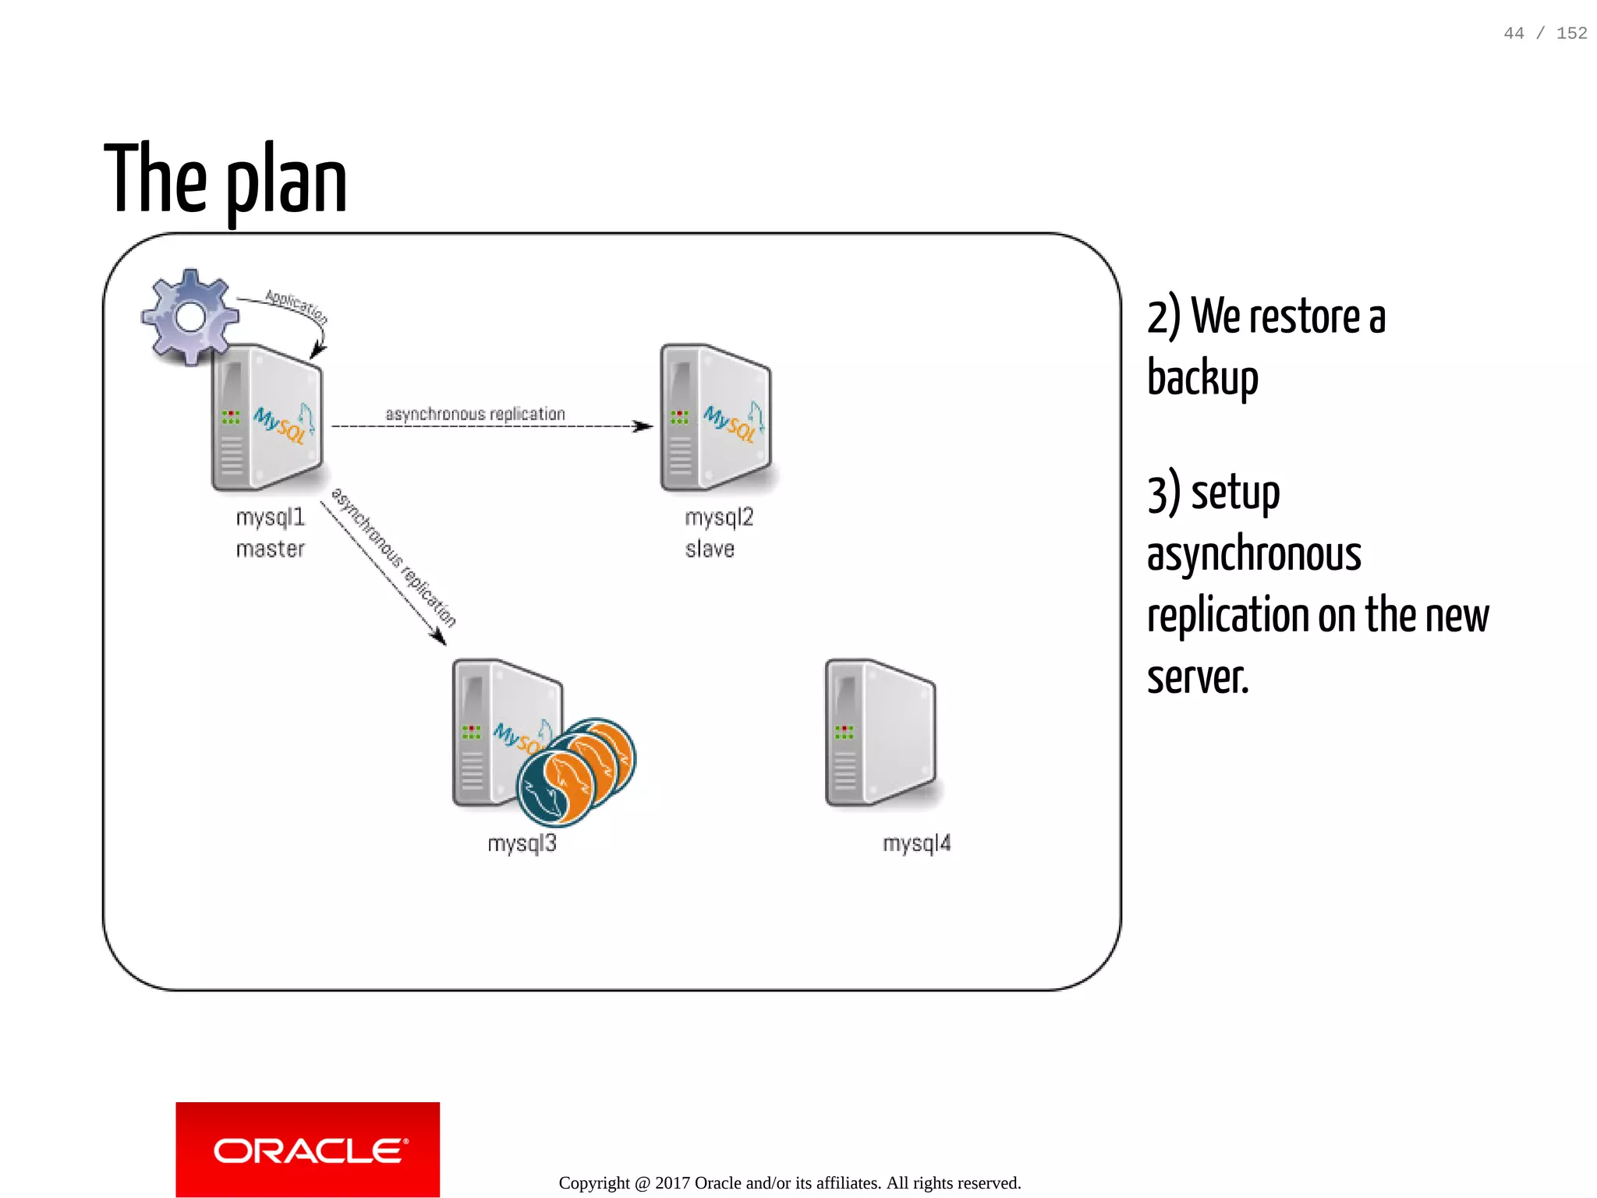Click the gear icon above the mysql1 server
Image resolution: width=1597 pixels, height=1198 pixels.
(190, 316)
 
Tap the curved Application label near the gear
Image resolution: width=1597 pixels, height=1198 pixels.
(296, 306)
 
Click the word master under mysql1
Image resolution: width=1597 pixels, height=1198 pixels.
(270, 550)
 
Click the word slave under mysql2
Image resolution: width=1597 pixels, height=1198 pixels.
(710, 550)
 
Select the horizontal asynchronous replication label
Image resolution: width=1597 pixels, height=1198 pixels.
(475, 414)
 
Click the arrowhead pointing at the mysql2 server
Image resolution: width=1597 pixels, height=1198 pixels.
(644, 426)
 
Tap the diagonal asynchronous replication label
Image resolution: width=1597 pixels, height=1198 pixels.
(394, 557)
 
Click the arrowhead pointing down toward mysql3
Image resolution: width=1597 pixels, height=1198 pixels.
(440, 638)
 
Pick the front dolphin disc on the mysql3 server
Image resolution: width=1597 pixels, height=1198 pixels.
(555, 787)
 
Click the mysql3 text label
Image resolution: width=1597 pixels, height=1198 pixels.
(522, 843)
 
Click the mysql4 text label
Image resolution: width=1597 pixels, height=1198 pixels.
(916, 843)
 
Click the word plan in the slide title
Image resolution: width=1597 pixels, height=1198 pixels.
(286, 183)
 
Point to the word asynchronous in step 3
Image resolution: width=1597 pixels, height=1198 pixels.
(1254, 554)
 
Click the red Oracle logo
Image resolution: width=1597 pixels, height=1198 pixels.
(308, 1150)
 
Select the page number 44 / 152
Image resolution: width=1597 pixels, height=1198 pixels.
(1545, 34)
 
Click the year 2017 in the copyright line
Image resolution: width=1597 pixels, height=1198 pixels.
(672, 1183)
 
